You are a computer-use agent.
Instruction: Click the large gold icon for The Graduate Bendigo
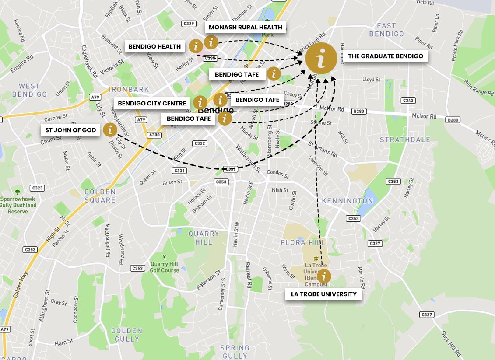321,59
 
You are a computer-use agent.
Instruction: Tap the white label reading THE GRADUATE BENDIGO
385,56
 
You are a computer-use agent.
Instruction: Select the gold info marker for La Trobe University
324,276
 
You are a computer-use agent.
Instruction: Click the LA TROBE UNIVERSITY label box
324,294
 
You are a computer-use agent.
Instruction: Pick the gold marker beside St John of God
110,129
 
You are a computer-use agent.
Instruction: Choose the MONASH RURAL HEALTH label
246,27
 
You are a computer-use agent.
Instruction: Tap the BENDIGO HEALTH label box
154,46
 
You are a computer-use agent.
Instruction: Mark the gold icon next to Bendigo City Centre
200,103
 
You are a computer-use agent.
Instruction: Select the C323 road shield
38,188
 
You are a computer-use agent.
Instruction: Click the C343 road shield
408,101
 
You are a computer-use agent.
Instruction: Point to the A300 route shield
154,135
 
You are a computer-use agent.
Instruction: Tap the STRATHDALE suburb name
405,140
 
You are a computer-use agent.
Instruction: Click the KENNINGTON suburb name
348,201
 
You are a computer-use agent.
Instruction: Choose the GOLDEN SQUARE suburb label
100,196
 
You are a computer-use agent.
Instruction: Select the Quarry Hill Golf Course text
165,267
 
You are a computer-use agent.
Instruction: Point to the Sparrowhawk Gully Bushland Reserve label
18,205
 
